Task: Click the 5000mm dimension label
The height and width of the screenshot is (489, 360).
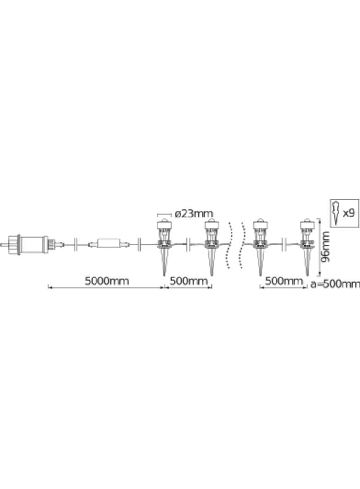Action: [x=107, y=281]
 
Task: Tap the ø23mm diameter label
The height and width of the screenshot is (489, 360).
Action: [x=194, y=214]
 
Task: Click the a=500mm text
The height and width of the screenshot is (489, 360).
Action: [x=335, y=284]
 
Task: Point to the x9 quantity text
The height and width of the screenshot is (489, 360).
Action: [x=349, y=213]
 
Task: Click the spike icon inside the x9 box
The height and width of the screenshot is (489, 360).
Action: [x=336, y=213]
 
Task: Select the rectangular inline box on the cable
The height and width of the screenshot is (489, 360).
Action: [x=109, y=243]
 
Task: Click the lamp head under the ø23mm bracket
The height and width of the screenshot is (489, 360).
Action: [x=164, y=225]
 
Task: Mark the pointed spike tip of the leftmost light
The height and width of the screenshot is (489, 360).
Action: [x=164, y=276]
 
